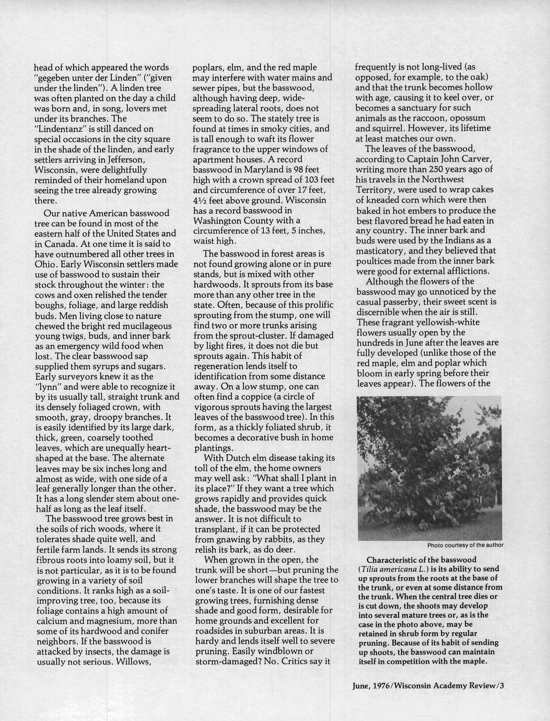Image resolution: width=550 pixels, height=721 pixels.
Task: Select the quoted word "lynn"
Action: (48, 387)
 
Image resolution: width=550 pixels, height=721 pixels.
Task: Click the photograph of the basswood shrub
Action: (429, 468)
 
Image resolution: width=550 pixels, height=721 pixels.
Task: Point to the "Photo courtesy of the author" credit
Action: (465, 545)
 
